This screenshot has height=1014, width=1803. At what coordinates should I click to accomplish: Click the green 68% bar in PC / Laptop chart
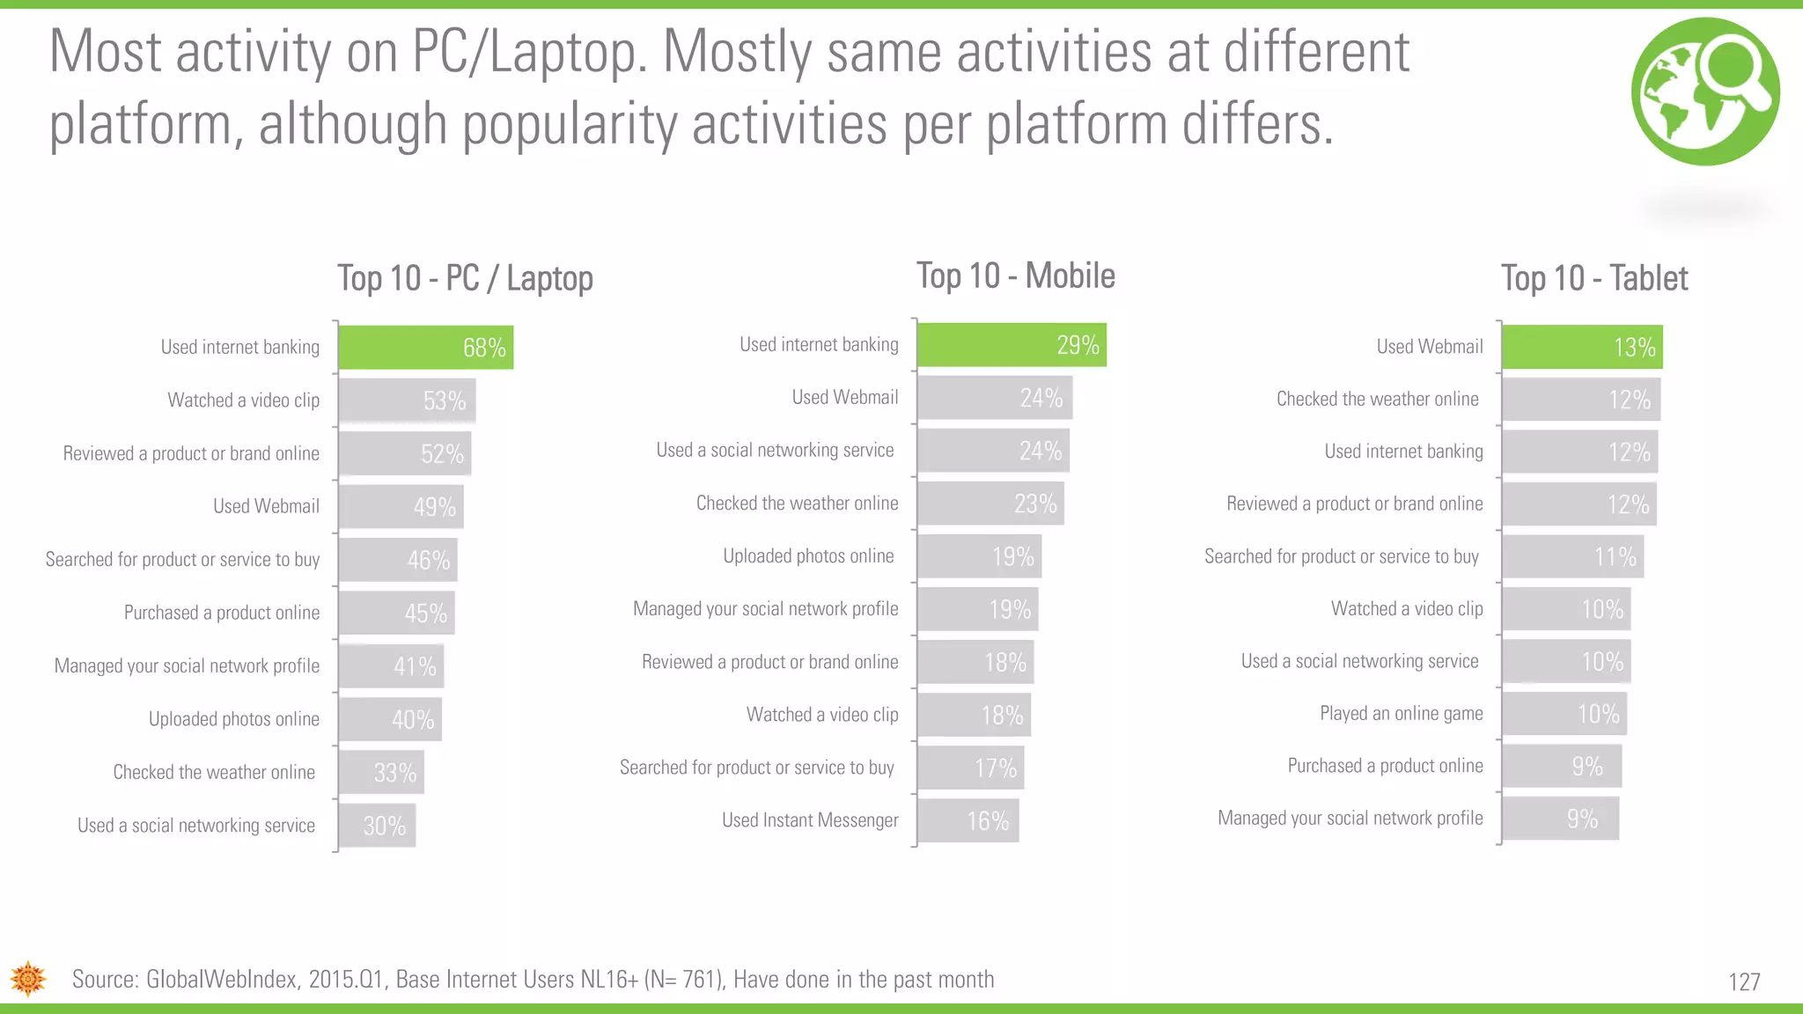pos(425,348)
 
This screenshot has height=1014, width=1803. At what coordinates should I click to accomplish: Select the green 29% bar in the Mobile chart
pos(1011,345)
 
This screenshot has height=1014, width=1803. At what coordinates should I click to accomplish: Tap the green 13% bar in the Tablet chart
pos(1581,347)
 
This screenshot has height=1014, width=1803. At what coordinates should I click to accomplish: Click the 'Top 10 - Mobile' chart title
pos(1015,276)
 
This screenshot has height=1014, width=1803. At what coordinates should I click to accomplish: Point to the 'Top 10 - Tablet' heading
pos(1593,279)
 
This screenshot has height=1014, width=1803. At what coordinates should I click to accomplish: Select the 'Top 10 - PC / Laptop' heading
pos(465,279)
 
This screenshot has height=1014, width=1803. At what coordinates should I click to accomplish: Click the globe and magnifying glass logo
pos(1705,92)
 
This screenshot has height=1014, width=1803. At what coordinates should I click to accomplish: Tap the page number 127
pos(1744,982)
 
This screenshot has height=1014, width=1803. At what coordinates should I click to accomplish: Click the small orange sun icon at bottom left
pos(28,979)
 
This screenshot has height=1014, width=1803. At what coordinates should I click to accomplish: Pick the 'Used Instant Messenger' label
pos(810,820)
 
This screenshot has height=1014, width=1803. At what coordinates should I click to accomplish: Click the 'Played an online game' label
pos(1401,714)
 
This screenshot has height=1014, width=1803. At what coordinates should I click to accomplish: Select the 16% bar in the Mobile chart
pos(968,821)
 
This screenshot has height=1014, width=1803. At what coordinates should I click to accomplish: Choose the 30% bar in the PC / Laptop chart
pos(377,826)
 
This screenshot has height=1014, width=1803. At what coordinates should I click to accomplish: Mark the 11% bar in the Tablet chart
pos(1572,557)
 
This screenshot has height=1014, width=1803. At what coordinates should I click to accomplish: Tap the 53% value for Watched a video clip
pos(444,401)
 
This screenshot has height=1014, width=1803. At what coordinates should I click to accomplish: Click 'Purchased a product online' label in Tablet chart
pos(1385,766)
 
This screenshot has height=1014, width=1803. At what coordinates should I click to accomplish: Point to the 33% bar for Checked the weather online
pos(381,773)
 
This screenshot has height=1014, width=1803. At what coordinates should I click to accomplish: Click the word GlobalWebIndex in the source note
pos(221,980)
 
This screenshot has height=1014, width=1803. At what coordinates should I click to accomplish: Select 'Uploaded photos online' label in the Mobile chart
pos(808,556)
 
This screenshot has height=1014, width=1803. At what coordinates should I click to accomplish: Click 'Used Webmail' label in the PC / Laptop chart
pos(266,506)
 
